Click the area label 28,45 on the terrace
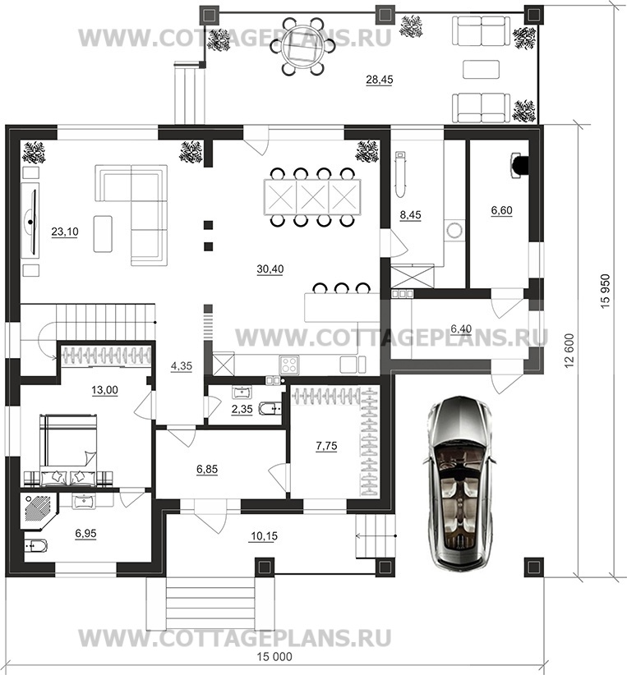point(379,80)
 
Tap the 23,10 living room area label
point(65,232)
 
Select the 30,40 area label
point(270,269)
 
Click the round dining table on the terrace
point(302,46)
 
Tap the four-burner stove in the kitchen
point(288,365)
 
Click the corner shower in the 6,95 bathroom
point(39,512)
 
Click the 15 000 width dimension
point(274,656)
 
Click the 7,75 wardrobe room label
point(326,446)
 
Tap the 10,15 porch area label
point(264,536)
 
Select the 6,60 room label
point(501,210)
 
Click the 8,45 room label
point(410,215)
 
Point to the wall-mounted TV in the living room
point(30,220)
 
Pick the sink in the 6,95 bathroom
point(82,502)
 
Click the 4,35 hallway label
point(182,366)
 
